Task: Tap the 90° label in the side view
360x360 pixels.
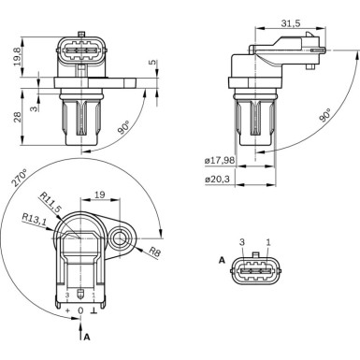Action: (324, 117)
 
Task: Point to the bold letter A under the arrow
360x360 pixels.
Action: (86, 334)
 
